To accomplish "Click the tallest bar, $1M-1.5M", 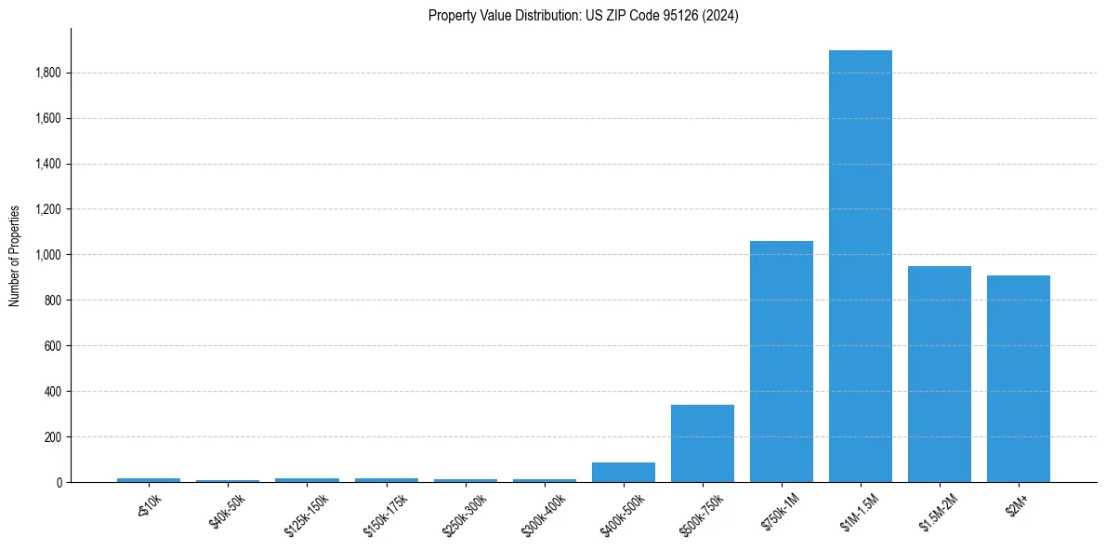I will (x=860, y=266).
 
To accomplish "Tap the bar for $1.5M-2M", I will (x=939, y=374).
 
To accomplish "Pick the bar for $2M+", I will (x=1018, y=379).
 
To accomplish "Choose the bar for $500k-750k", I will (x=702, y=443).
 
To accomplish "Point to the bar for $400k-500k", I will (x=623, y=472).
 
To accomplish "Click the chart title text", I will (x=583, y=16).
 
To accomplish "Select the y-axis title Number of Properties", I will (x=15, y=256).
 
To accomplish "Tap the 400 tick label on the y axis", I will (x=53, y=392).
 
